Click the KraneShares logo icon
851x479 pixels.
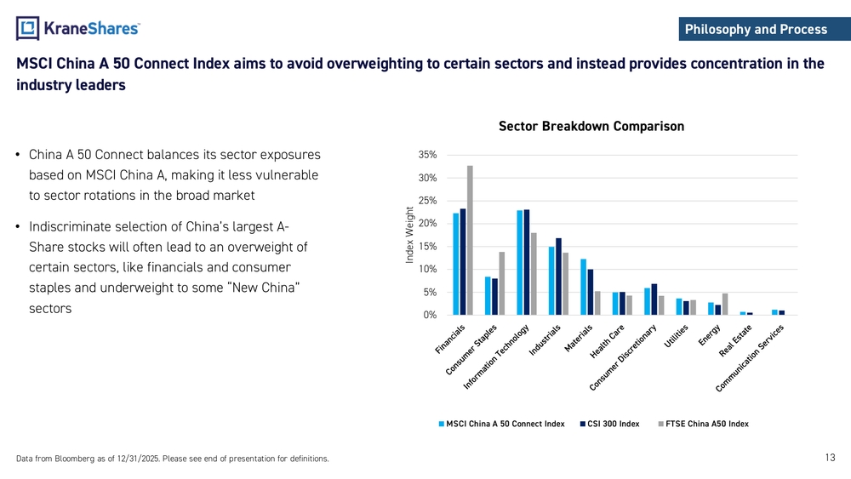point(28,28)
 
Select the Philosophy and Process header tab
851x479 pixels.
point(756,30)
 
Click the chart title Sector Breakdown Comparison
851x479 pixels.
point(591,127)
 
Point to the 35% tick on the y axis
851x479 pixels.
point(428,155)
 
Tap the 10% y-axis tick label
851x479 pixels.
point(428,270)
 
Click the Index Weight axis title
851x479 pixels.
point(410,236)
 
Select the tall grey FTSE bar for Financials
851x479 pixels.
point(470,240)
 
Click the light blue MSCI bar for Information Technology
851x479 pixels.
point(519,262)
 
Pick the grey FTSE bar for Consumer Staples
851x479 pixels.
point(502,283)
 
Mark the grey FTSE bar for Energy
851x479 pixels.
point(725,304)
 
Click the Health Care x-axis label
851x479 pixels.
point(609,342)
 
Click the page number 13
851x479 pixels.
point(831,458)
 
